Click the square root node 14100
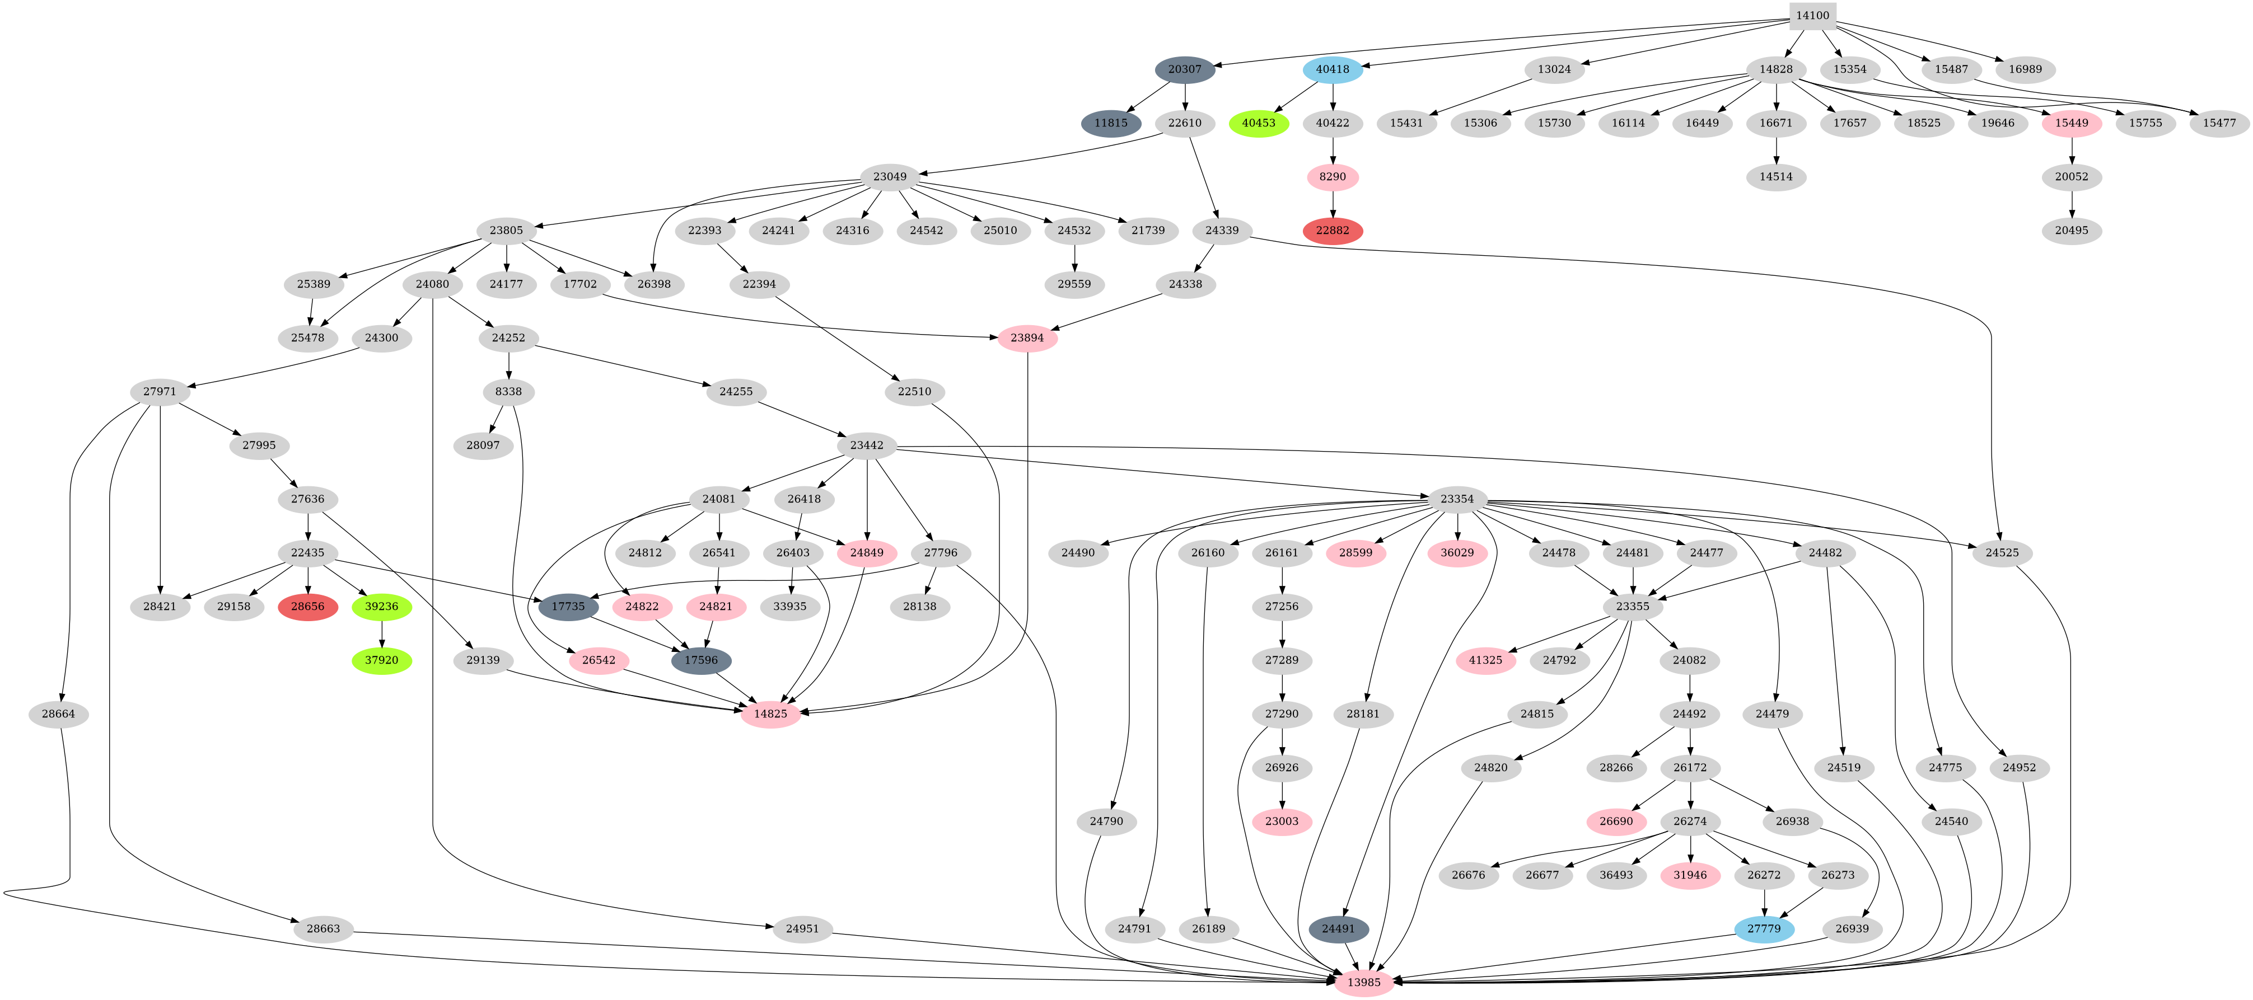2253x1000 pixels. click(x=1812, y=16)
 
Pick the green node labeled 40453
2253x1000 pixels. click(x=1259, y=123)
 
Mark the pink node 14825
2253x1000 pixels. click(x=770, y=714)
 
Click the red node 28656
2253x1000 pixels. click(x=308, y=607)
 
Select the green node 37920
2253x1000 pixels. click(x=381, y=660)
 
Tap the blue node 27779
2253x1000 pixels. click(x=1764, y=928)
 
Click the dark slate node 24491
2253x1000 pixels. click(x=1338, y=928)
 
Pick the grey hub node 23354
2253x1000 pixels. click(x=1457, y=499)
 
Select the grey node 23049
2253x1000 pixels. click(x=890, y=177)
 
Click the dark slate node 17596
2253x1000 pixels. click(x=700, y=660)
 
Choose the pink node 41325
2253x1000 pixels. click(x=1485, y=660)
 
